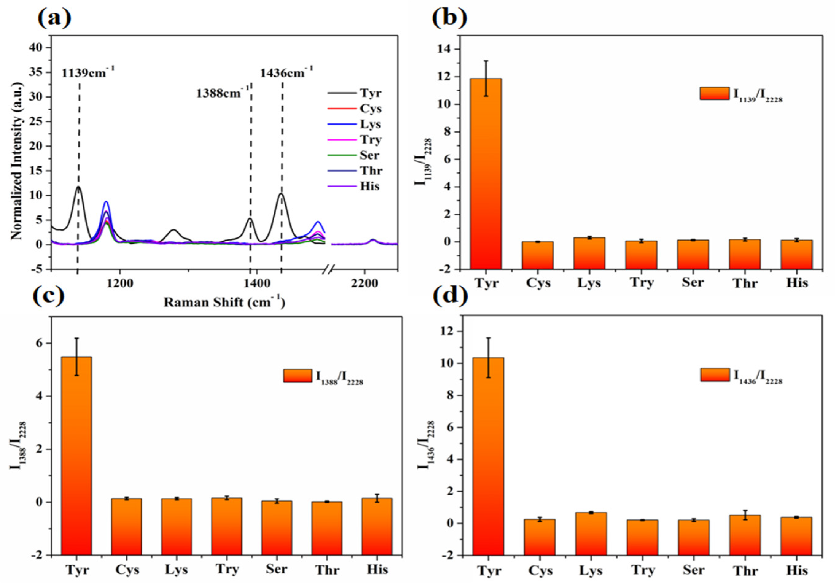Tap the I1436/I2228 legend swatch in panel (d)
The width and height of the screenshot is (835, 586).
pos(714,375)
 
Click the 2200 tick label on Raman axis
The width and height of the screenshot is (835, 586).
pos(364,284)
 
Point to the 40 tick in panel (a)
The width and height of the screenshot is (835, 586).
pos(38,48)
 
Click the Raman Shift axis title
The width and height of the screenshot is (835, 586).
pos(224,302)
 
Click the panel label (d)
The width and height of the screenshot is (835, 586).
pos(449,296)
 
